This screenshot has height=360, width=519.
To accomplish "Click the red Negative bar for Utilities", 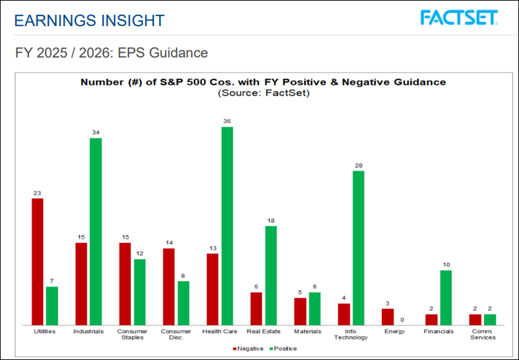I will click(38, 262).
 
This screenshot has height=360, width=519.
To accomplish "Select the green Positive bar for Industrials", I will click(96, 231).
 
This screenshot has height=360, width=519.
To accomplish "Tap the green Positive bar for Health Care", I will click(226, 226).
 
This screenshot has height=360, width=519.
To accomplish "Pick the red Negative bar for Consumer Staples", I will click(125, 284).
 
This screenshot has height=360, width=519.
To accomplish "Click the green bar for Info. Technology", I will click(358, 248).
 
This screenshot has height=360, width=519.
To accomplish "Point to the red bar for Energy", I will click(387, 317).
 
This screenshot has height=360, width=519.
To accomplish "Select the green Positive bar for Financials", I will click(445, 297).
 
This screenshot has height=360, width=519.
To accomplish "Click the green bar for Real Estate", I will click(271, 275).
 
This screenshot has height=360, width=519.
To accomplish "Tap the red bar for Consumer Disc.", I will click(168, 286).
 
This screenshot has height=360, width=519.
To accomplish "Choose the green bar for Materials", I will click(315, 308).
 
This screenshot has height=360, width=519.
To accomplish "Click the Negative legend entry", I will click(247, 348).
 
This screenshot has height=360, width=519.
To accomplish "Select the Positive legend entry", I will click(282, 348).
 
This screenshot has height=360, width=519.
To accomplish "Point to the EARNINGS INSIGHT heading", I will click(89, 20).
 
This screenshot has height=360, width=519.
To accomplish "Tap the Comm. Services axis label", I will click(483, 334).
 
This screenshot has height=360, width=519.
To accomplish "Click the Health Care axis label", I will click(220, 332).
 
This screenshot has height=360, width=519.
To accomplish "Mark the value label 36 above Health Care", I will click(226, 121).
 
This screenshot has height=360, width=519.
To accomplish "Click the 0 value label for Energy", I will click(402, 319).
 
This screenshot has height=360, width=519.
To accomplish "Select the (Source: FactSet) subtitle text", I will click(263, 94).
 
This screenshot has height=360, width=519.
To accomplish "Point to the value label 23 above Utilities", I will click(38, 192).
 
